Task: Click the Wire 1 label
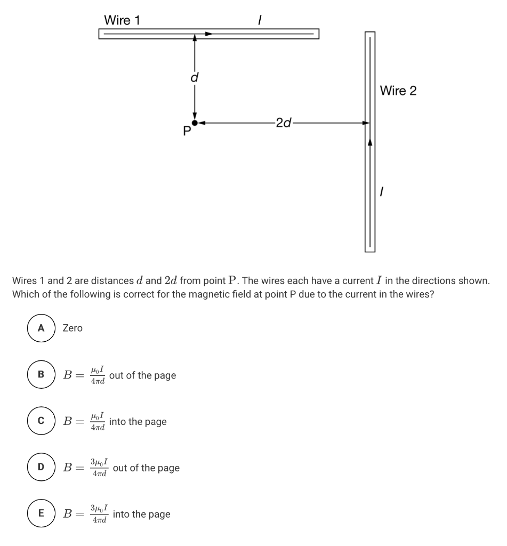(122, 20)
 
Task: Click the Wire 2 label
(398, 91)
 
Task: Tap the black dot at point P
(195, 123)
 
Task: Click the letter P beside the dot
(187, 132)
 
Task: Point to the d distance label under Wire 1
(195, 78)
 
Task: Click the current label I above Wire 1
(259, 20)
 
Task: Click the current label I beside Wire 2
(381, 190)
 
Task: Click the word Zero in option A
(73, 328)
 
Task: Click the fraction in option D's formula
(100, 468)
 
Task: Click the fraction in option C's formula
(98, 421)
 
